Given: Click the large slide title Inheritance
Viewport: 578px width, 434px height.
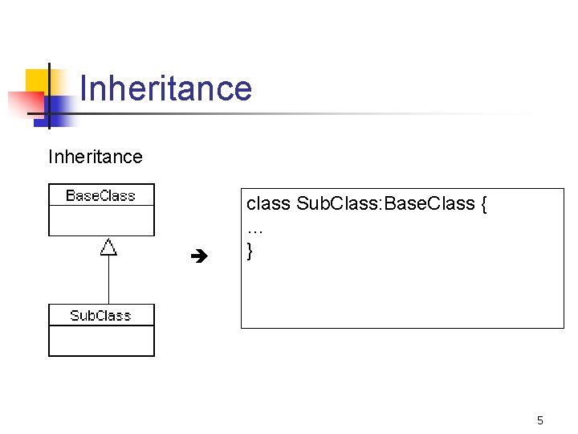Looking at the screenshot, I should pyautogui.click(x=166, y=88).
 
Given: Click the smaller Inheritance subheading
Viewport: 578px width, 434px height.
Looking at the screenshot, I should pyautogui.click(x=95, y=157).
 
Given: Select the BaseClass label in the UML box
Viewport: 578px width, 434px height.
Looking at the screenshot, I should pyautogui.click(x=100, y=195).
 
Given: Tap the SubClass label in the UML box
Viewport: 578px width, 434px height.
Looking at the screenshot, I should pyautogui.click(x=100, y=315).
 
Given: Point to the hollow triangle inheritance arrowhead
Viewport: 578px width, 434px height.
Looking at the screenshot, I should pyautogui.click(x=108, y=248).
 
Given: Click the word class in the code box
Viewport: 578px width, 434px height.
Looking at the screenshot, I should pyautogui.click(x=268, y=204).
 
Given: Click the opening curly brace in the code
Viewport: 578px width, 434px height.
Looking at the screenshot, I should pyautogui.click(x=483, y=204).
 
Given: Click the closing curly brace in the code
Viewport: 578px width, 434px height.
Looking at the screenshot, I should pyautogui.click(x=250, y=251).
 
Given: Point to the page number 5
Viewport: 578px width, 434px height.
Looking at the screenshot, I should pyautogui.click(x=540, y=420).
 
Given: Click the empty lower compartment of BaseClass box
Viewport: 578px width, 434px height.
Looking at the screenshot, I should pyautogui.click(x=101, y=220).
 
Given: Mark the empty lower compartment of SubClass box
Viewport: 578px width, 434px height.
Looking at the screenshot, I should pyautogui.click(x=101, y=340).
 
